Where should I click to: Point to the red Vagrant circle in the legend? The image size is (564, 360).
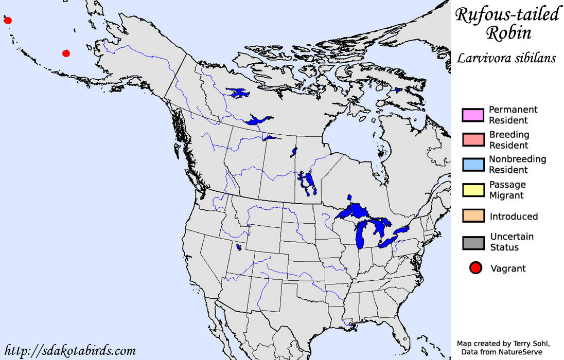pyautogui.click(x=475, y=268)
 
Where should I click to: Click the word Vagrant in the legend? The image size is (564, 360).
pyautogui.click(x=508, y=268)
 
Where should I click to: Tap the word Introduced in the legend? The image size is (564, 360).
pyautogui.click(x=514, y=217)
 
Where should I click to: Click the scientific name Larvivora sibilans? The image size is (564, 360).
pyautogui.click(x=506, y=58)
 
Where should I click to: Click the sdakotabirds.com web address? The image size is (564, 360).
pyautogui.click(x=69, y=351)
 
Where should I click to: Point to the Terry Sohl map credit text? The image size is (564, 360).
pyautogui.click(x=506, y=343)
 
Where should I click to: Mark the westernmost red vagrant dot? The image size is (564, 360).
pyautogui.click(x=7, y=21)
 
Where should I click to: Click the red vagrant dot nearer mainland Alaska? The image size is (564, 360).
pyautogui.click(x=66, y=53)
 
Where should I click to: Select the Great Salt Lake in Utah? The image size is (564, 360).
pyautogui.click(x=238, y=247)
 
